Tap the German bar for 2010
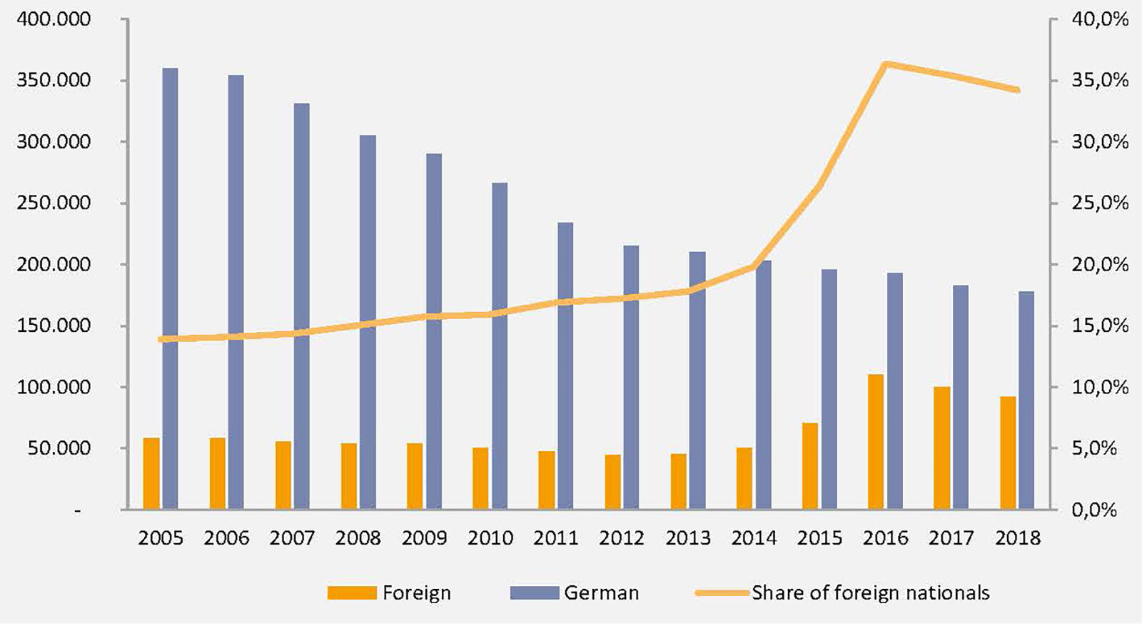pos(500,346)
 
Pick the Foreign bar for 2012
pos(612,482)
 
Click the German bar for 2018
pos(1026,400)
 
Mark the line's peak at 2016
pos(885,64)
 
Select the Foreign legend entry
pos(390,592)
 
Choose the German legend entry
pos(575,592)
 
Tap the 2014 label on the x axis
pos(754,537)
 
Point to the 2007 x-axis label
pos(292,537)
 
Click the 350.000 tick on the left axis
pos(54,80)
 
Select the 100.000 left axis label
pos(54,387)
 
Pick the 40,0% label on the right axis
pos(1100,19)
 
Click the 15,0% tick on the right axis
pos(1100,325)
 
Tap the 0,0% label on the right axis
pos(1094,510)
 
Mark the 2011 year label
pos(555,537)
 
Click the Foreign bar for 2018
pos(1007,453)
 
